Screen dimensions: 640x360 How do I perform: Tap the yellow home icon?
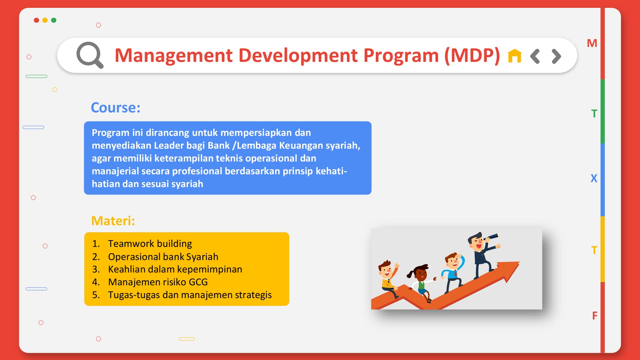click(x=514, y=56)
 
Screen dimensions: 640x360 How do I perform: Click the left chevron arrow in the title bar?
click(x=535, y=56)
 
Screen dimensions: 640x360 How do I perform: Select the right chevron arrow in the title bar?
click(x=556, y=56)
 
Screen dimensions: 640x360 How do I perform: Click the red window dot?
click(x=36, y=20)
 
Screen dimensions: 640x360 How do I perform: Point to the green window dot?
click(x=54, y=20)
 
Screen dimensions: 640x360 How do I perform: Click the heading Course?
click(x=116, y=107)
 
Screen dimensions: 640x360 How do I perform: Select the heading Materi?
click(x=113, y=221)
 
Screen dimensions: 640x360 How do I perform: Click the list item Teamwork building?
click(x=150, y=244)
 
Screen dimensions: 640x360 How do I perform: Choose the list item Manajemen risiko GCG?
click(x=158, y=282)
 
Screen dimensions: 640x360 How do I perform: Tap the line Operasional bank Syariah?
click(x=163, y=257)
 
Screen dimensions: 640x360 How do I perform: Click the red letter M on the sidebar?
click(x=592, y=43)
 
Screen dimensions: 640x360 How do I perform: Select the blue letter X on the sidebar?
click(x=594, y=178)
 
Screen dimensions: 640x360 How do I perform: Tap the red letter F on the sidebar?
click(x=595, y=316)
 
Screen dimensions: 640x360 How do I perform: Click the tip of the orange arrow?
click(x=519, y=262)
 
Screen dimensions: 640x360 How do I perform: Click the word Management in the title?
click(x=174, y=56)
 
